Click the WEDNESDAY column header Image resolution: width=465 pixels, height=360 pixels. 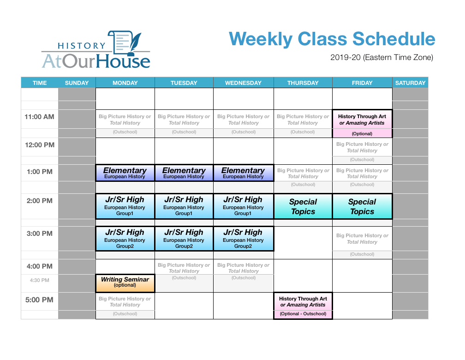coord(243,83)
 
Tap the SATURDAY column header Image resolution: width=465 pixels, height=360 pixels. coord(410,83)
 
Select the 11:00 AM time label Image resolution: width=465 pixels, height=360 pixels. coord(40,117)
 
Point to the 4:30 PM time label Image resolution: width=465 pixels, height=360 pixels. coord(40,280)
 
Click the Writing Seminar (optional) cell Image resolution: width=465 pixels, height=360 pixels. coord(125,283)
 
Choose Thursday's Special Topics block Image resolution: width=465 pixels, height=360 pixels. coord(303,207)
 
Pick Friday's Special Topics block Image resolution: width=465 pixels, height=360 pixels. coord(363,207)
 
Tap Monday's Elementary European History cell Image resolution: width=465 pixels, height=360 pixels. coord(125,173)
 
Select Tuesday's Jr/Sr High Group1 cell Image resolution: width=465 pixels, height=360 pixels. coord(184,206)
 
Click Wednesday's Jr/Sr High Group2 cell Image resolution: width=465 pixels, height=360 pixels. coord(243,239)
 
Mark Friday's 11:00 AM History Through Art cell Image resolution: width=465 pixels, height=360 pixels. coord(363,124)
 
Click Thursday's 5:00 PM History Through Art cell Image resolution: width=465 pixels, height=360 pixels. coord(303,306)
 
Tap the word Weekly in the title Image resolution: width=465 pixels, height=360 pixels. coord(261,39)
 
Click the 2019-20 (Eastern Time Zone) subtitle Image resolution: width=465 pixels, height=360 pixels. coord(382,57)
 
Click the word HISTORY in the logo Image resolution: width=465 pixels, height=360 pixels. coord(82,46)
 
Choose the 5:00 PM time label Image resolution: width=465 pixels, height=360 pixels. coord(40,300)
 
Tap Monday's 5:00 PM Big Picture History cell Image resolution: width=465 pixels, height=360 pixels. coord(125,306)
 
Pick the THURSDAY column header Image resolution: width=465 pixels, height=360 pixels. coord(303,83)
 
